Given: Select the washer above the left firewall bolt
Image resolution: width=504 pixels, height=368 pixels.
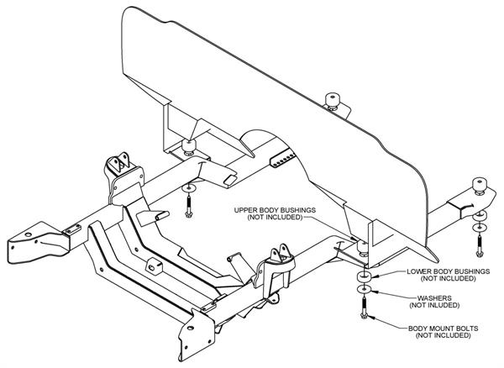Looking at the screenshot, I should [189, 186].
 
